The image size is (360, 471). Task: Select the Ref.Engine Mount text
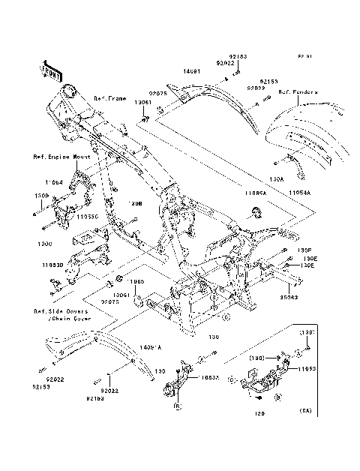[x=61, y=157]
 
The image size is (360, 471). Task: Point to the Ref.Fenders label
[x=298, y=92]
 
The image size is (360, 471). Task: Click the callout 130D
[x=42, y=196]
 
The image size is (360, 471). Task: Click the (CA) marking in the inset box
[x=305, y=412]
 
